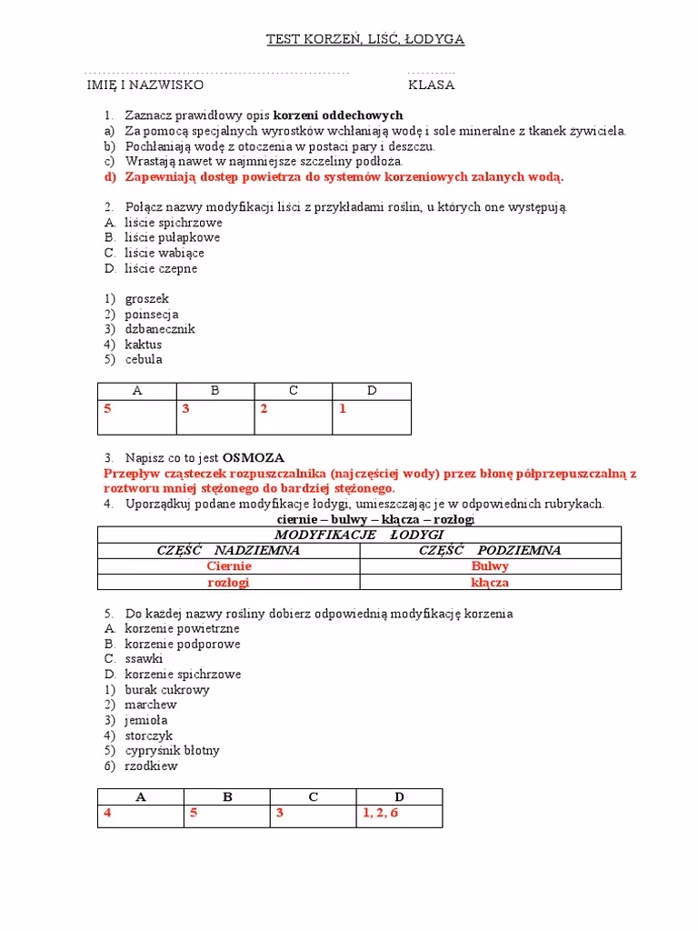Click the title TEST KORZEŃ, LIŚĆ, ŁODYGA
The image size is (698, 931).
364,39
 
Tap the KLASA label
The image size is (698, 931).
431,85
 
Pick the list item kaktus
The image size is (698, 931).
143,345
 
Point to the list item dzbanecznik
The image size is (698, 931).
160,329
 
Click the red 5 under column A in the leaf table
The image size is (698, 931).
107,409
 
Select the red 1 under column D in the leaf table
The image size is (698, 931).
343,409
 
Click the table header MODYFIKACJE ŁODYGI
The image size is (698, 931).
359,535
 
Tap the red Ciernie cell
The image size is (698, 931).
228,566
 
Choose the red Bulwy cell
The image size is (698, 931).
490,566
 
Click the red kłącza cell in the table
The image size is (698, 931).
490,582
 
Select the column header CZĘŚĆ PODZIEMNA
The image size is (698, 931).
490,550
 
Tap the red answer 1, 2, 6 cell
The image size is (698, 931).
380,813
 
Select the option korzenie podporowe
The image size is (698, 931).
182,644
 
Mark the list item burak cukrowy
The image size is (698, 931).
165,689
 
